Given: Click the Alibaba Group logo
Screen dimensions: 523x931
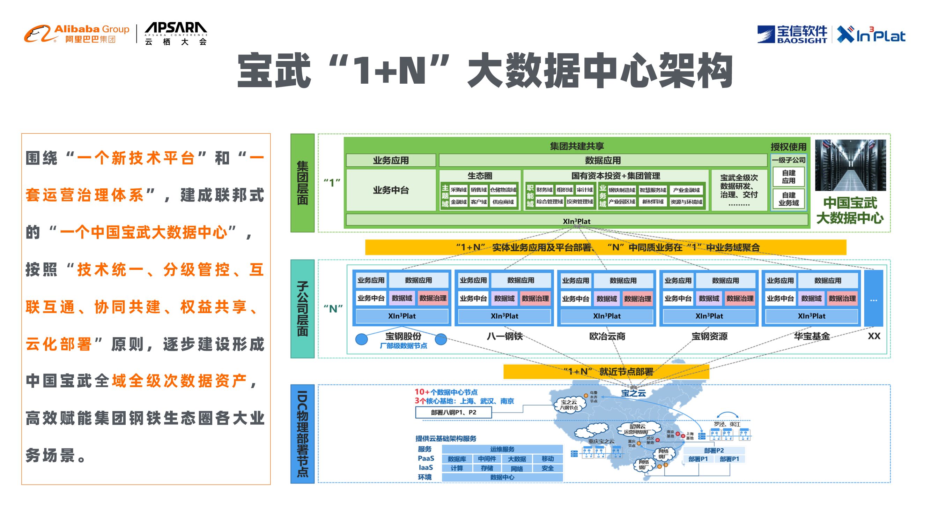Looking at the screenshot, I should (76, 34).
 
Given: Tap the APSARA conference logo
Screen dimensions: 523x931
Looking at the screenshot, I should (176, 34).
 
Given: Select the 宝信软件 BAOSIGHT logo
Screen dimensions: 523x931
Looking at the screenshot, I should (792, 35).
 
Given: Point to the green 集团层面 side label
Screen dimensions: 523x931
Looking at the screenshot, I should (303, 183).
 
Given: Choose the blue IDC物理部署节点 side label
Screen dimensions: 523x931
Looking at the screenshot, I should (303, 433).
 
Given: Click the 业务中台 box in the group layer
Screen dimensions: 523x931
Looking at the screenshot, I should (391, 190).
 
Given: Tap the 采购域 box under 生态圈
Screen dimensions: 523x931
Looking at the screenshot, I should (459, 189).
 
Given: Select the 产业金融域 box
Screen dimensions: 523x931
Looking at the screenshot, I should (686, 190).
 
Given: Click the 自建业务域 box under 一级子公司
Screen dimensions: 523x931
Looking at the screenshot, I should (789, 199).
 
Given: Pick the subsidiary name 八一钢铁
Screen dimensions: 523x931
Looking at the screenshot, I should (504, 336).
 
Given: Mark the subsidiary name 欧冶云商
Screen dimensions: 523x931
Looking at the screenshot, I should (607, 336).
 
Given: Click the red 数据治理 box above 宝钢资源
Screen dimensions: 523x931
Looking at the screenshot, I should (740, 298).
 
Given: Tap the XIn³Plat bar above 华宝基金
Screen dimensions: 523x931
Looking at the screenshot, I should (811, 316).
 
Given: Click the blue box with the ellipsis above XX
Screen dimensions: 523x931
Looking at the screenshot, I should (873, 298).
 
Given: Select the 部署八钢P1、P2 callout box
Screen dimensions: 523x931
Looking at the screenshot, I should (453, 412).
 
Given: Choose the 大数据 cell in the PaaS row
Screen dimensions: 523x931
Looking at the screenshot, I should (517, 459).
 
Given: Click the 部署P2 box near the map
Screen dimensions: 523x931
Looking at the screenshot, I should (714, 450).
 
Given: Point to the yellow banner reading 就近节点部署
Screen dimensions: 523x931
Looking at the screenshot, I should (606, 371).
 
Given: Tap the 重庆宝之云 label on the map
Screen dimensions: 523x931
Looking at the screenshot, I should (601, 441).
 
